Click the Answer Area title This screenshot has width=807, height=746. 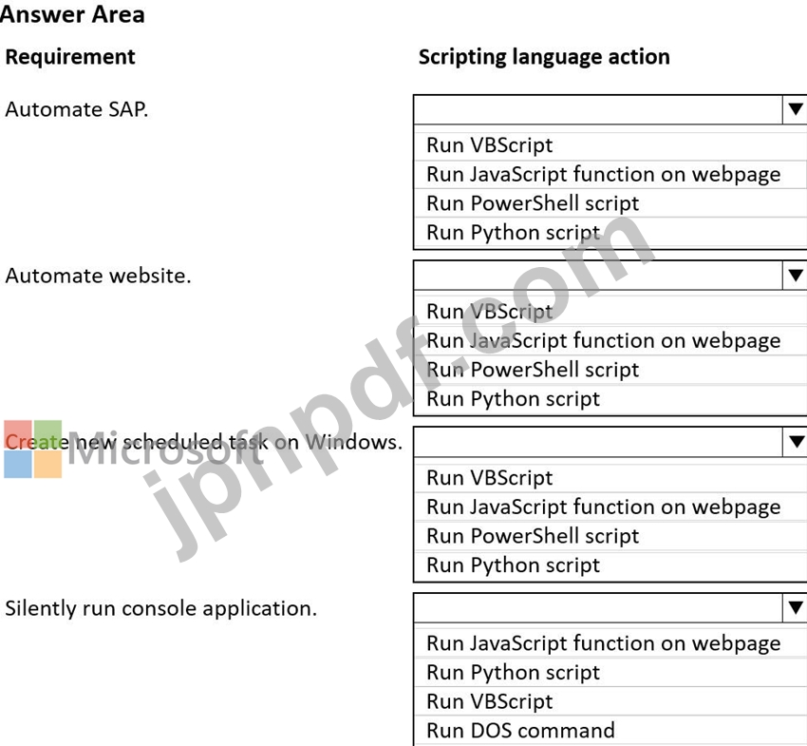[72, 14]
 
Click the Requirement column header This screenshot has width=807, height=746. [70, 57]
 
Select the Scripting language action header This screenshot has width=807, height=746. [544, 57]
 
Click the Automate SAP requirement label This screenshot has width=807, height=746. [77, 109]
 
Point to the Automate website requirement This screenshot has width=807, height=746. [98, 276]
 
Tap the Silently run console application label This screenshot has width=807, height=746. [160, 608]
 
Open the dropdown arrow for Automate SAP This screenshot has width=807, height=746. [796, 109]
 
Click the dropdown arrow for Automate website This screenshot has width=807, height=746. [796, 276]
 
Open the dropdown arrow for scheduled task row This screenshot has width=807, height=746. [796, 442]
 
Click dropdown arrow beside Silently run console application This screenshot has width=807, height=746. [796, 608]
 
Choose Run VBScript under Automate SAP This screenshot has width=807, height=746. [490, 145]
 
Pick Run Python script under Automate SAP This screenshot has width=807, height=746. [513, 232]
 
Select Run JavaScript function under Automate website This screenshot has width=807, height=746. [603, 341]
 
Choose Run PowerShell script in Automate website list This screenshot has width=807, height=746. [533, 370]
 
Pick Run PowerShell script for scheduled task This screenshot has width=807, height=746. [533, 536]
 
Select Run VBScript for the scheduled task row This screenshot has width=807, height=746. [490, 478]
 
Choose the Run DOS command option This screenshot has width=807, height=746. [520, 731]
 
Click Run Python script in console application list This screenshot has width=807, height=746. [513, 672]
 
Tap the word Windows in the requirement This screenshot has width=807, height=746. [353, 442]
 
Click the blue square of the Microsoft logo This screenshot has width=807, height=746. [18, 464]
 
